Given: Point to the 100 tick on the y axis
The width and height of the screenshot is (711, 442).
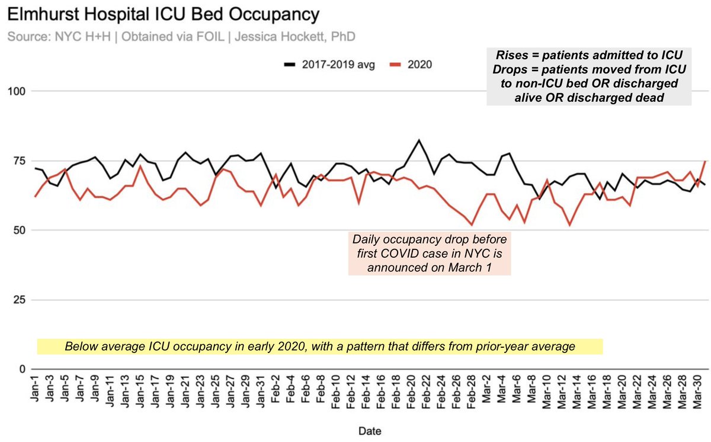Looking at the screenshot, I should [x=20, y=91].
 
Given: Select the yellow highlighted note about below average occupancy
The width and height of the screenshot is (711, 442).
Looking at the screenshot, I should [x=320, y=346].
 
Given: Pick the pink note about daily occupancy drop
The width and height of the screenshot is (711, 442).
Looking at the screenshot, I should [x=430, y=254].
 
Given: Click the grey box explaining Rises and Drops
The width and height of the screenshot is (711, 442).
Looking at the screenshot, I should [x=589, y=76].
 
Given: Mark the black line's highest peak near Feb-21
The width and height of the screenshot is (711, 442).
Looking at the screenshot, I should [x=419, y=140].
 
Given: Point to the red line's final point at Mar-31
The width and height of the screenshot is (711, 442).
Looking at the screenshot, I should [x=704, y=161].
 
